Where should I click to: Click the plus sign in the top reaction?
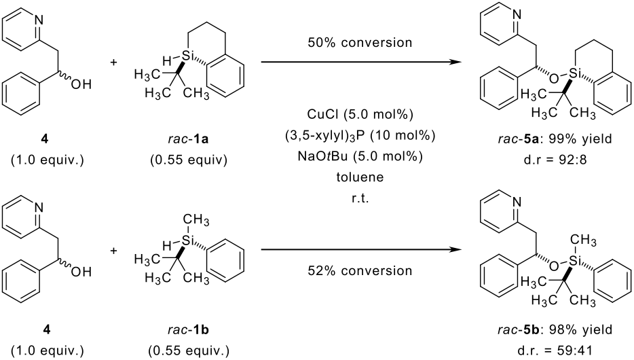(x=113, y=63)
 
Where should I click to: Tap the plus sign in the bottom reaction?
(x=113, y=251)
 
